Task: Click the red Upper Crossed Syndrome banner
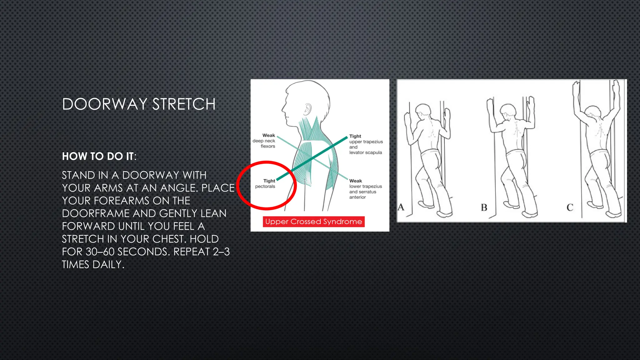click(x=313, y=222)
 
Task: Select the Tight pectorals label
click(x=265, y=183)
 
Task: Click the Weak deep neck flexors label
click(x=264, y=141)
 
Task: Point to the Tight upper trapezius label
click(x=366, y=144)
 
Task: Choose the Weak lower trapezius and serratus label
click(x=365, y=189)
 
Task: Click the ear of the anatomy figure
click(x=308, y=108)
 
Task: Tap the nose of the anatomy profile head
click(x=283, y=109)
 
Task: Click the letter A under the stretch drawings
click(x=401, y=207)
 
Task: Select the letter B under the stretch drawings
click(x=484, y=207)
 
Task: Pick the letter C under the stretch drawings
click(x=570, y=207)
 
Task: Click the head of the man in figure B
click(x=508, y=111)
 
